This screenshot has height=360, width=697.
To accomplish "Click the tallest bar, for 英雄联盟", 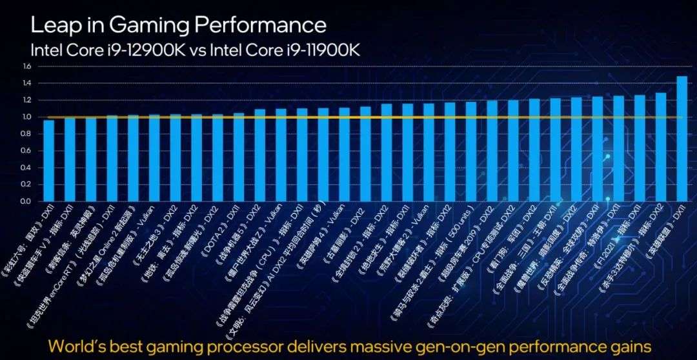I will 682,139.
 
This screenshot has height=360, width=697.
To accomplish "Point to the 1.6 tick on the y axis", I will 26,66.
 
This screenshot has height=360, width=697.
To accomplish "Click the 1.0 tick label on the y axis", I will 26,117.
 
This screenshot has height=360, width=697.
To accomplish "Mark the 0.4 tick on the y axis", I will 26,168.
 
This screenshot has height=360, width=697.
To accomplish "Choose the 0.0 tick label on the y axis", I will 26,201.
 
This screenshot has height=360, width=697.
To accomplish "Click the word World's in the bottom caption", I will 84,343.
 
